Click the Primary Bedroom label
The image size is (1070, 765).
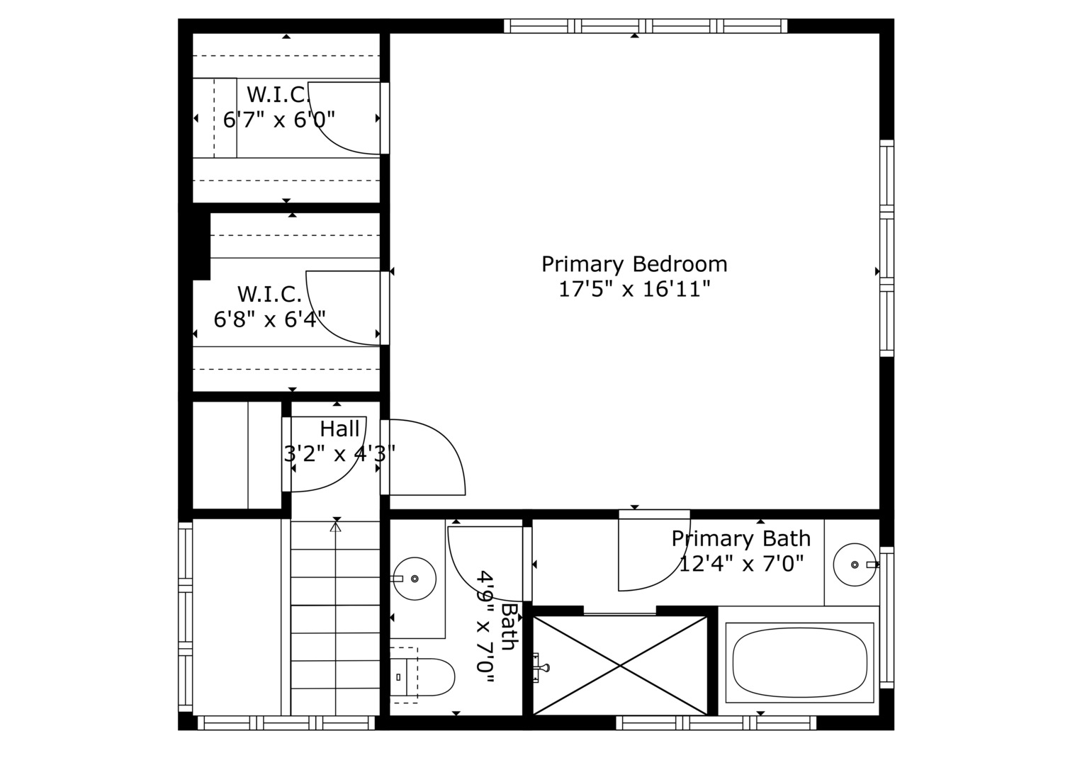[x=634, y=264]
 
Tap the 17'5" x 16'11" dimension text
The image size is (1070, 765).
[x=634, y=289]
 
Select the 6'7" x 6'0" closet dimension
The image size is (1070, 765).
[x=278, y=119]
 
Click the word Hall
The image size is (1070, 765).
[x=339, y=429]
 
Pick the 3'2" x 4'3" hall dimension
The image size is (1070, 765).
[x=339, y=453]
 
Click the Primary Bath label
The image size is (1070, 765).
[x=740, y=538]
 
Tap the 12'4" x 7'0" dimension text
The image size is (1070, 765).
[x=741, y=564]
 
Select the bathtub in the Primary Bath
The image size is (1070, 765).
[x=799, y=663]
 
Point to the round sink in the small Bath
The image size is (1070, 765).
[x=415, y=579]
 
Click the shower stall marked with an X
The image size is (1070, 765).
[x=620, y=665]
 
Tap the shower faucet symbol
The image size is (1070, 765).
[x=541, y=667]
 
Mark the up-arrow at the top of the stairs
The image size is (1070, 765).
[x=336, y=526]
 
